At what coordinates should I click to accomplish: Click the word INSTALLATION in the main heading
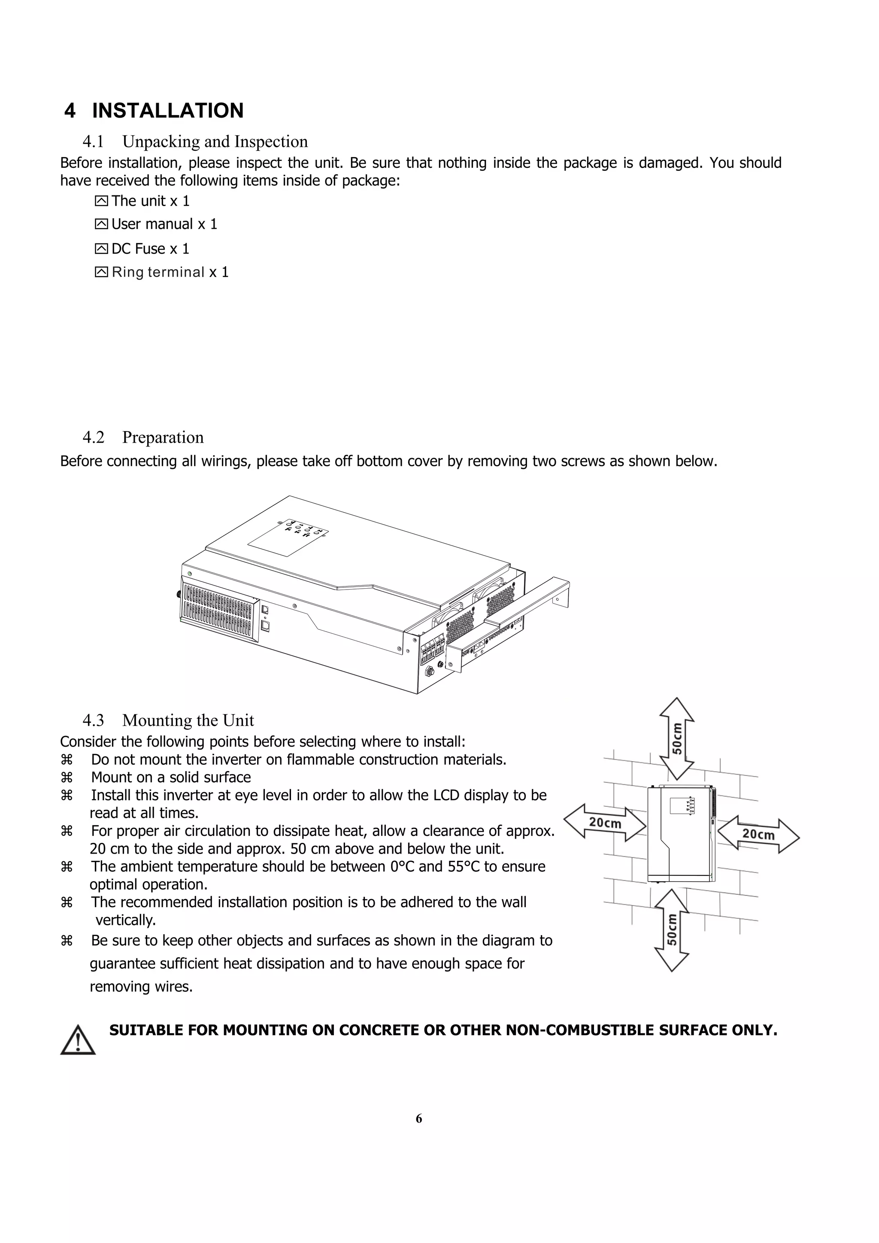point(168,110)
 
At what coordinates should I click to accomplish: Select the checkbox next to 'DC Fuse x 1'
point(101,249)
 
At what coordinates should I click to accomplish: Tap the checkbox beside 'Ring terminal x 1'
point(101,272)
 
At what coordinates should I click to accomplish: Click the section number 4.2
point(93,438)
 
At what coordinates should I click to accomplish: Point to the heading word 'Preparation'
point(163,438)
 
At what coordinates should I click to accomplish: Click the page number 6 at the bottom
point(418,1118)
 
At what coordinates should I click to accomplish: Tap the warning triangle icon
point(78,1040)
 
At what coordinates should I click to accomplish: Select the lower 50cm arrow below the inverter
point(672,930)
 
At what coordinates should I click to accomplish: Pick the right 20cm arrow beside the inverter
point(758,834)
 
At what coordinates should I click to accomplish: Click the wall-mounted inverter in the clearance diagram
point(681,834)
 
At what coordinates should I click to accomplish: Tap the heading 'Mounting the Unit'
point(188,720)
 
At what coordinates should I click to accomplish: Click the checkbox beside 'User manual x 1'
point(101,224)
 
